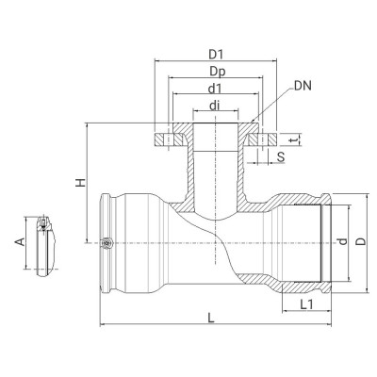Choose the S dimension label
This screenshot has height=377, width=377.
tap(281, 156)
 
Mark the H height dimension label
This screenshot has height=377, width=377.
tap(81, 185)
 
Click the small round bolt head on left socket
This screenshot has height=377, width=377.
tap(107, 243)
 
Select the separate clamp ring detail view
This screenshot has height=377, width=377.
tap(45, 245)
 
